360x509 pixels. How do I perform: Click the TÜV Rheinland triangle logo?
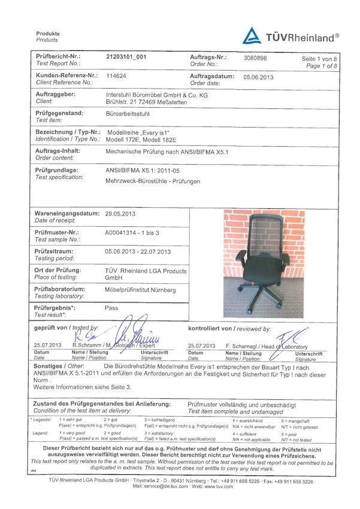252,36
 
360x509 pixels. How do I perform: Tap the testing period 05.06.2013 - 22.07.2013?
138,252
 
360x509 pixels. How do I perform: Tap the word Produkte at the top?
48,34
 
